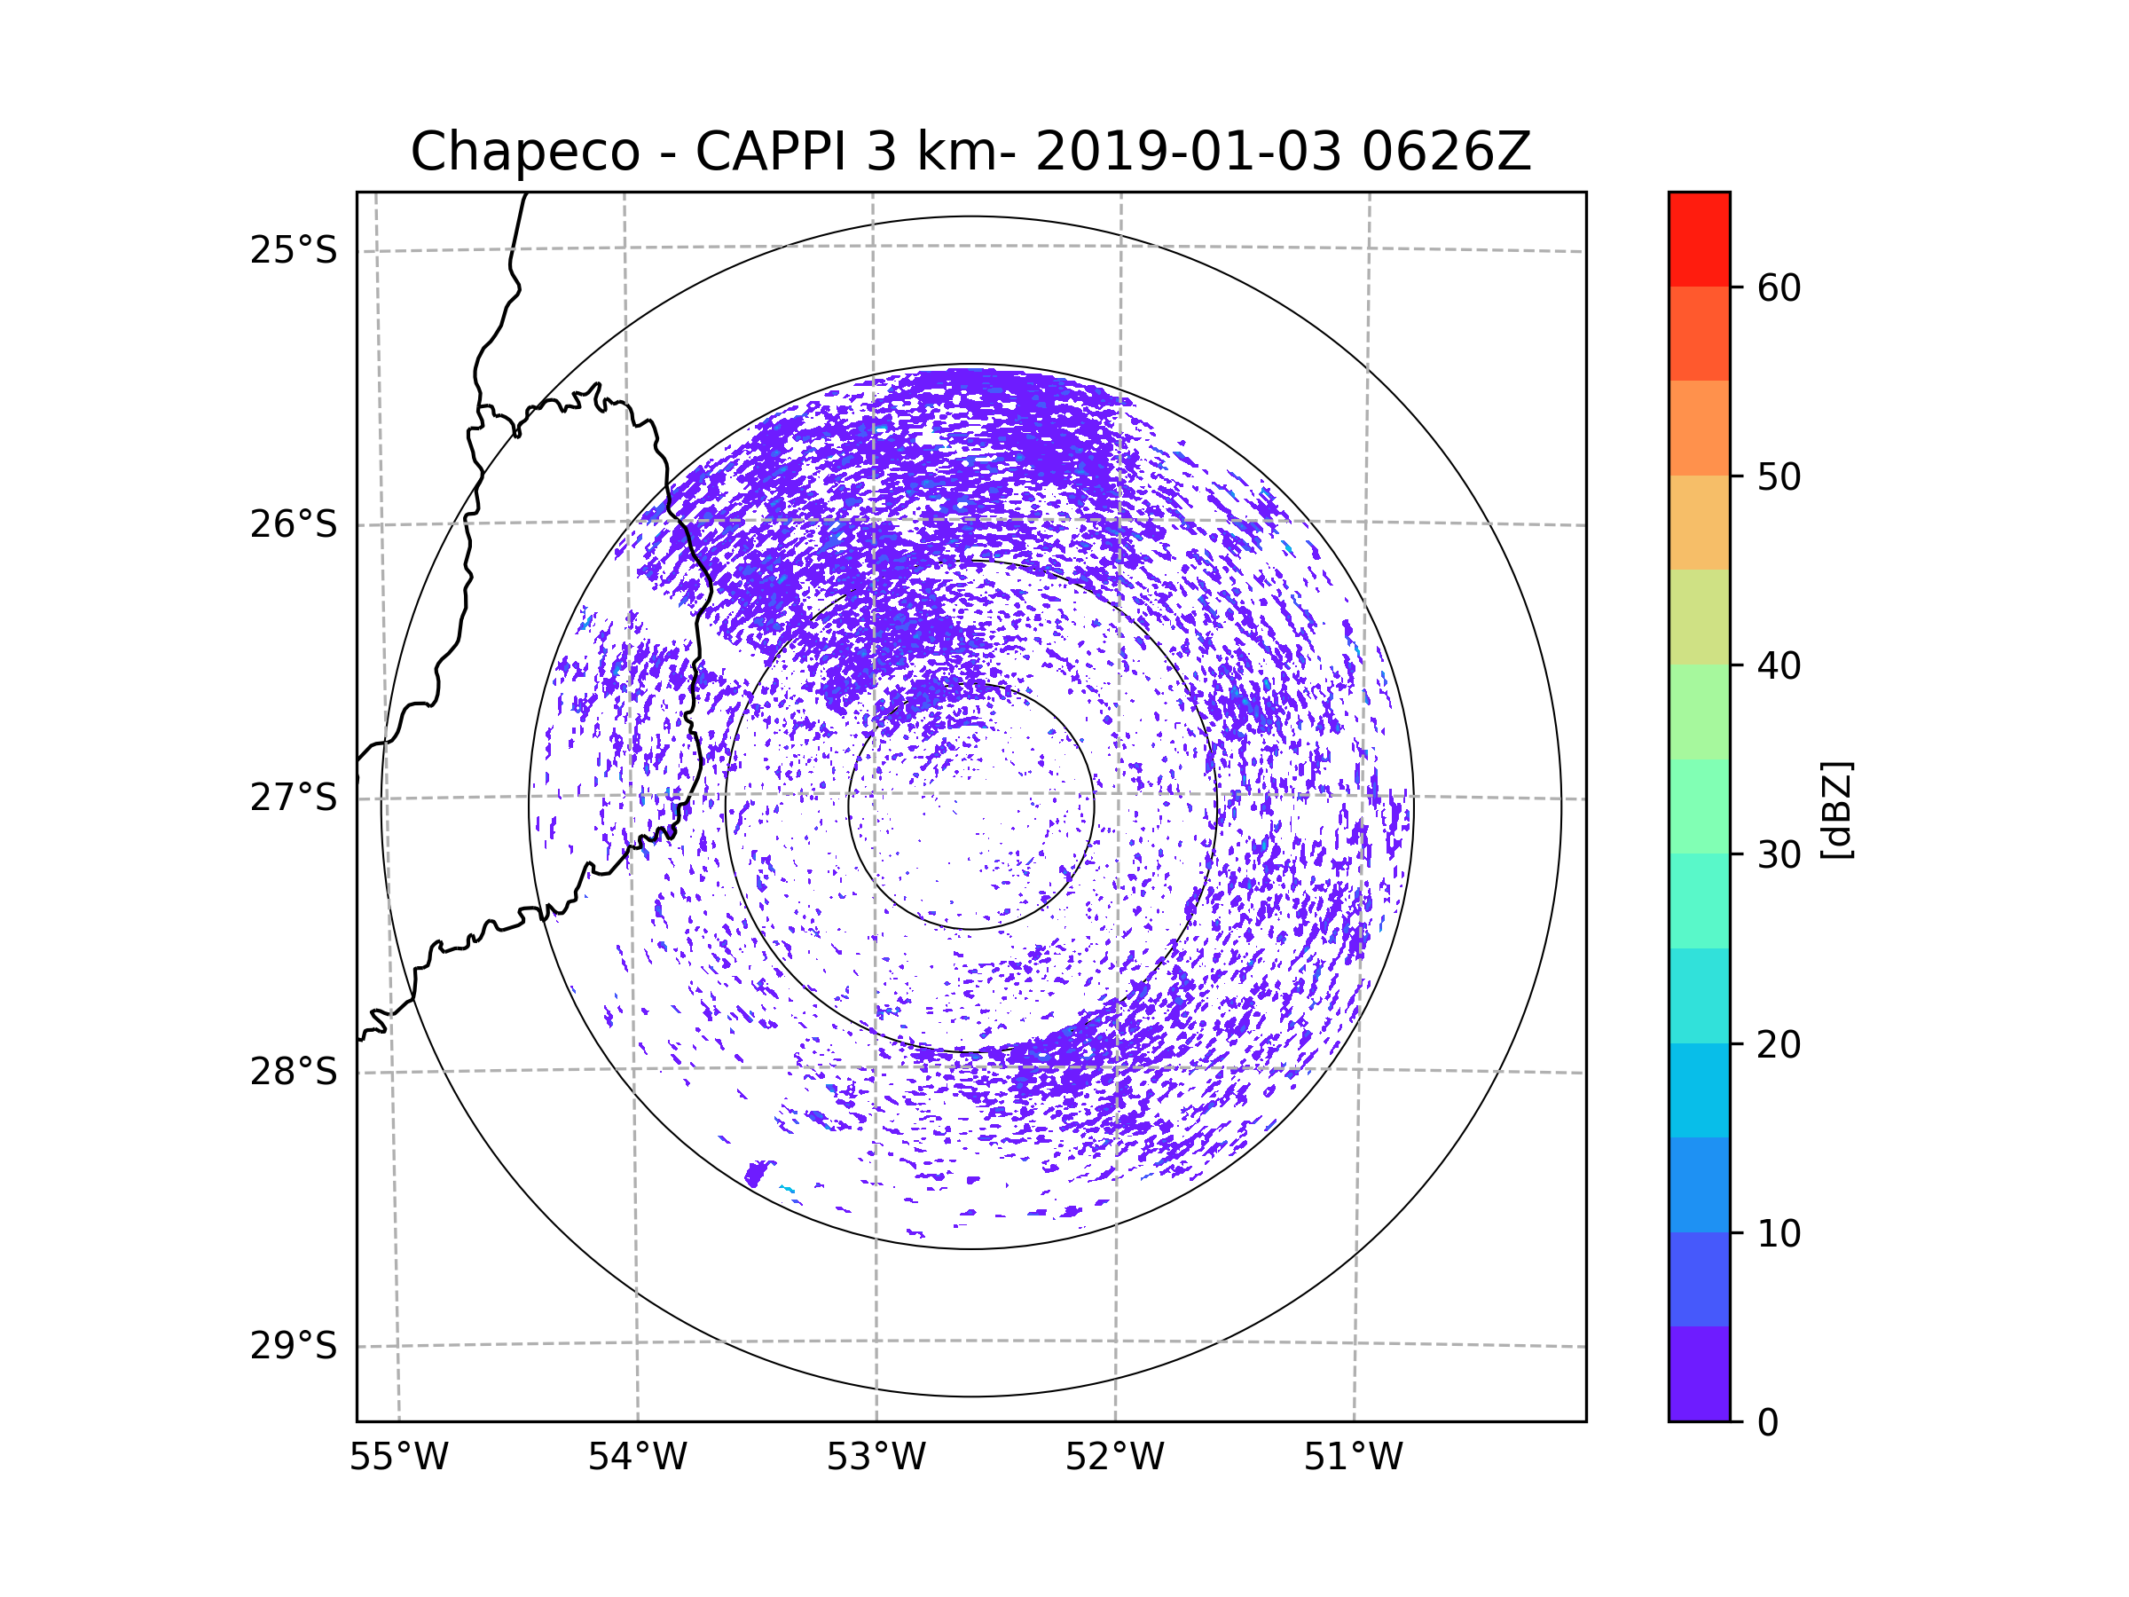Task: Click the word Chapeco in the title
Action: click(525, 152)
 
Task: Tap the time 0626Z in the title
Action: click(1446, 152)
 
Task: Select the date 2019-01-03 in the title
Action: click(1189, 152)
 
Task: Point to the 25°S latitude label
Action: click(294, 250)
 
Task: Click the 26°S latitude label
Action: click(294, 524)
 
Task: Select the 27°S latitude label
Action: click(294, 798)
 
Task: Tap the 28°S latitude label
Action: click(294, 1072)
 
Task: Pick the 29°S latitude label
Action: click(294, 1346)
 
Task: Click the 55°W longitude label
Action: click(398, 1458)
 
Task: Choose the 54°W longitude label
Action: click(637, 1458)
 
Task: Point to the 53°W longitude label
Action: click(876, 1458)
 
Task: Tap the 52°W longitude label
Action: click(1114, 1458)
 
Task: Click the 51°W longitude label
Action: click(1353, 1458)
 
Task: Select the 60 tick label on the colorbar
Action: click(1779, 287)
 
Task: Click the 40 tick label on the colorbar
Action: click(1779, 666)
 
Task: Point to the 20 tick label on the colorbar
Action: click(1779, 1044)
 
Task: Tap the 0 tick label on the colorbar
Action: click(1768, 1423)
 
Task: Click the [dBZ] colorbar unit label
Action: click(1836, 809)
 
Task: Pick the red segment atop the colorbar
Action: click(1700, 239)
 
